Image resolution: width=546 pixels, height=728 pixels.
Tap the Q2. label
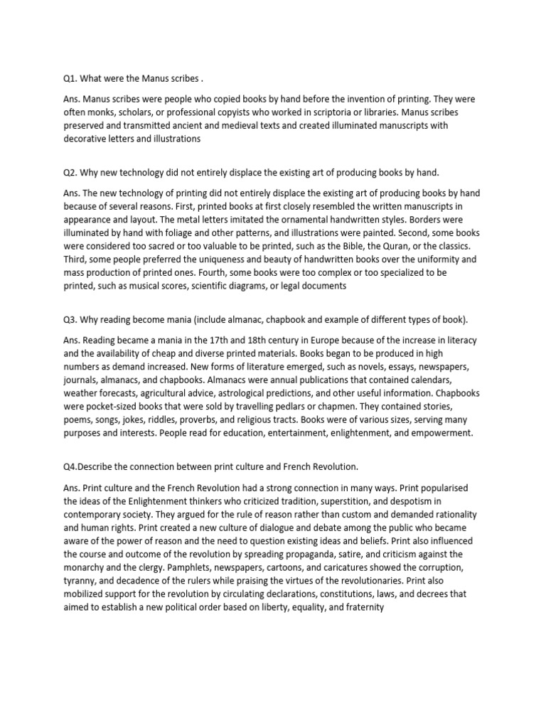[x=70, y=173]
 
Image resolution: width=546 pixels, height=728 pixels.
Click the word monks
[x=101, y=112]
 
